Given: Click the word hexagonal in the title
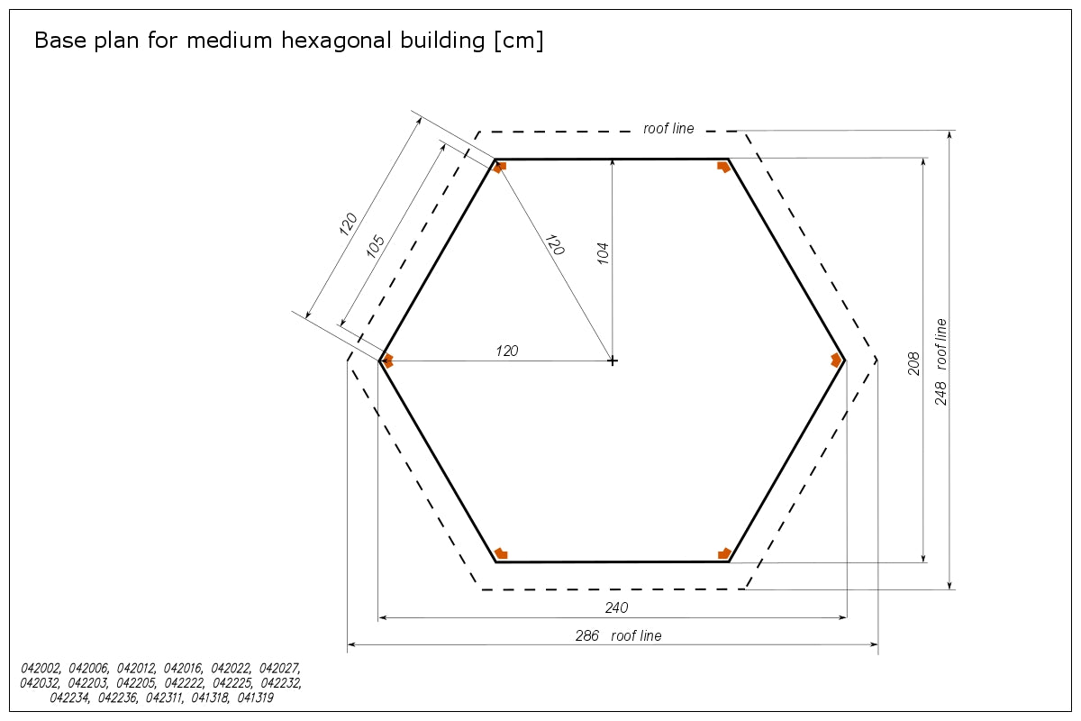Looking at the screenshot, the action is tap(383, 41).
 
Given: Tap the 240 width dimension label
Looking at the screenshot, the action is tap(616, 607).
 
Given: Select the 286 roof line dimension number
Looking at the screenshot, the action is tap(586, 635).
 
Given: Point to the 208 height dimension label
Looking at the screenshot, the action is tap(913, 363).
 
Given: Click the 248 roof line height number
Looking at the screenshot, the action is tap(940, 393).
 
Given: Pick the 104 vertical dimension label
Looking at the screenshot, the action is tap(603, 253).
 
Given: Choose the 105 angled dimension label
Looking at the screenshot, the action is tap(376, 246).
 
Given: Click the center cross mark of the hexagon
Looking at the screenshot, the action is tap(613, 360).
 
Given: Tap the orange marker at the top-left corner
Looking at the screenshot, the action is tap(499, 167).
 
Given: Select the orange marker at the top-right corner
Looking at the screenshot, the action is tap(723, 167).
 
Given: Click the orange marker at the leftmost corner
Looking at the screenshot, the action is tap(387, 360).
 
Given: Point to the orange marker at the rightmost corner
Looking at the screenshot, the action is tap(836, 360).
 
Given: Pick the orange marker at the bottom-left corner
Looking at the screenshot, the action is tap(502, 553).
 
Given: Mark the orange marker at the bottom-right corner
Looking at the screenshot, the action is tap(724, 553).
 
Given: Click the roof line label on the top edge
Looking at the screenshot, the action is tap(668, 129).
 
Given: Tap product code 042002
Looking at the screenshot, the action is tap(41, 669).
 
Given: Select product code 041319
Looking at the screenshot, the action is tap(255, 698).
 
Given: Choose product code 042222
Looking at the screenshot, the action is tap(185, 683).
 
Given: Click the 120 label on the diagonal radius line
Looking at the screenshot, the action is tap(555, 245).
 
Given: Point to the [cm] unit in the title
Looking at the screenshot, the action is tap(519, 41).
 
